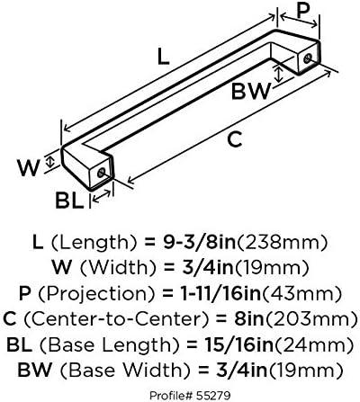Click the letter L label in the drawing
click(164, 58)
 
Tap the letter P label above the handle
click(303, 12)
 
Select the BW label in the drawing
click(251, 92)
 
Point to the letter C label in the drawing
click(235, 139)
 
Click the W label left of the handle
click(28, 168)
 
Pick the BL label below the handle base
click(69, 201)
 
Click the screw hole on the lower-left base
click(102, 173)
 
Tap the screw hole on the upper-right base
click(307, 58)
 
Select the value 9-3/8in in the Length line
click(200, 243)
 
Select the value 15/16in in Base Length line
click(239, 344)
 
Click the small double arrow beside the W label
click(50, 162)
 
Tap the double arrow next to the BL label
click(102, 196)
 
